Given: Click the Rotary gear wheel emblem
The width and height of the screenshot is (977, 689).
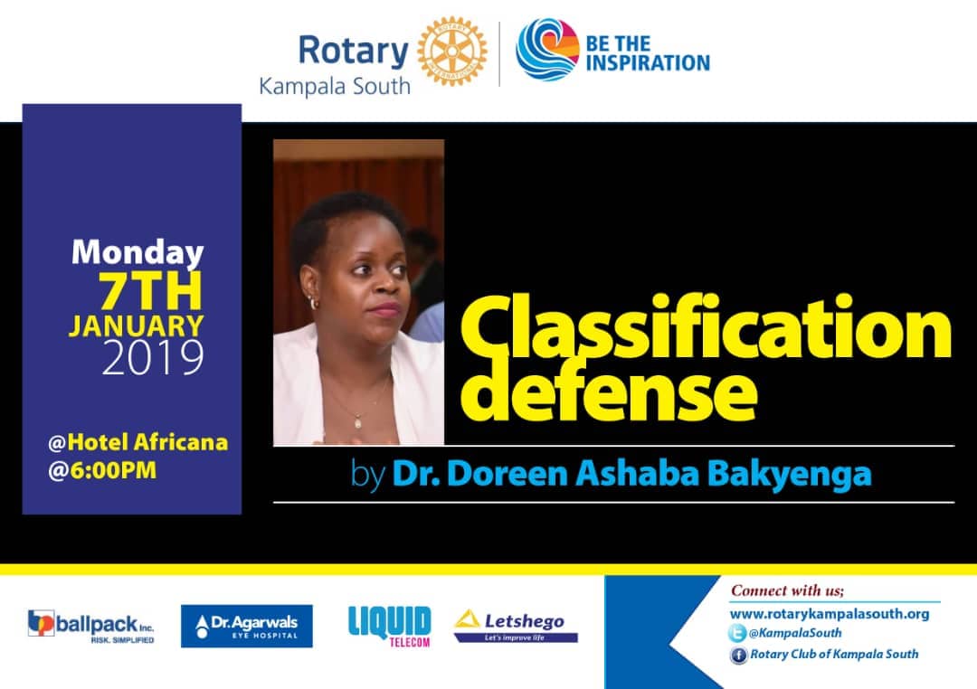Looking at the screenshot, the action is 452,51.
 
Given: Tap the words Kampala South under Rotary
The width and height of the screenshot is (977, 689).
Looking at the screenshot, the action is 335,86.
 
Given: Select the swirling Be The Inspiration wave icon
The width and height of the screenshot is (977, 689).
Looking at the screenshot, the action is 547,50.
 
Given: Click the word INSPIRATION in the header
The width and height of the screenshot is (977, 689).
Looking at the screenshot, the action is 648,63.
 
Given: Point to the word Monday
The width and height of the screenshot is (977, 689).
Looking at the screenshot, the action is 138,253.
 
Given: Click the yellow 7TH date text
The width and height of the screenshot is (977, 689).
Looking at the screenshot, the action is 151,291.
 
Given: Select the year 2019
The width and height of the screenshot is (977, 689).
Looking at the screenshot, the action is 153,357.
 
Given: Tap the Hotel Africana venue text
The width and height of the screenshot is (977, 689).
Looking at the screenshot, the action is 138,442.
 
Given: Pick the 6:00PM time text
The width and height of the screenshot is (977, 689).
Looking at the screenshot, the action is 102,470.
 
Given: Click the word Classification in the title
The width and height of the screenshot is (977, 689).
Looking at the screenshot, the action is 706,328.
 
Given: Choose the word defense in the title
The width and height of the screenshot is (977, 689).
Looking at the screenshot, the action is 609,390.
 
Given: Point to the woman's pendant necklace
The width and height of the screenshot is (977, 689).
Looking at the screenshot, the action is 358,421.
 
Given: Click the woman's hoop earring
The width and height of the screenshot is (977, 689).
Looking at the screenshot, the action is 313,304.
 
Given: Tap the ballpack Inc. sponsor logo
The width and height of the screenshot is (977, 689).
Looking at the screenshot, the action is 91,626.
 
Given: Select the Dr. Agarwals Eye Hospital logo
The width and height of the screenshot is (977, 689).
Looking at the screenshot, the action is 247,626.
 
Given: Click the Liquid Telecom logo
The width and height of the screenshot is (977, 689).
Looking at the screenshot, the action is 389,626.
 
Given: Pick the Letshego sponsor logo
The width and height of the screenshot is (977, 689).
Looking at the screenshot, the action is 516,626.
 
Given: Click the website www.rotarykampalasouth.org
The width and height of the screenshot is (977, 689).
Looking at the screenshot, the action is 830,614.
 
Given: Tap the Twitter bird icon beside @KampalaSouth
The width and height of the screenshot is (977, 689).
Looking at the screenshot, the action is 737,633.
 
